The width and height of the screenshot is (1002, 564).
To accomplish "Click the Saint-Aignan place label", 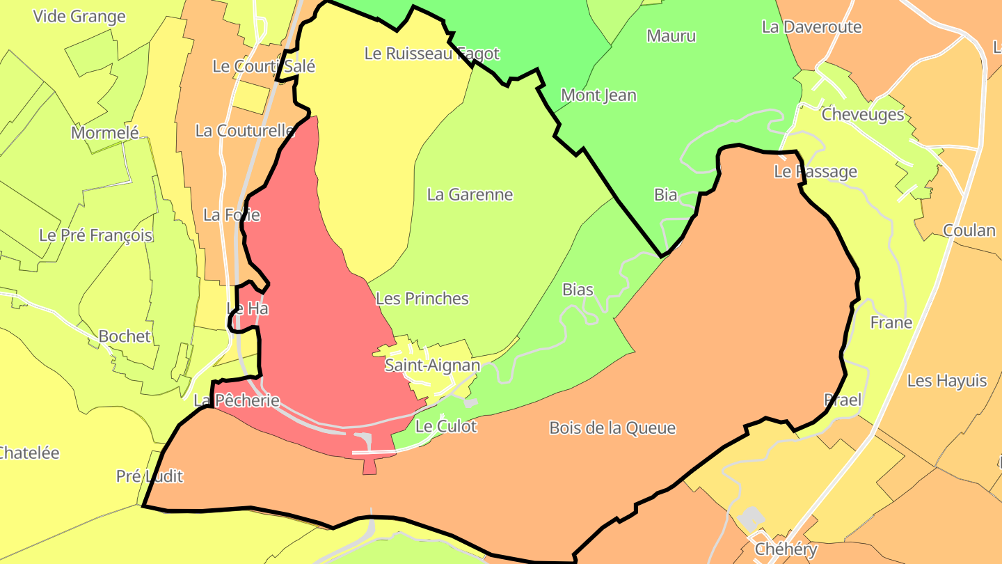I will click(x=432, y=365).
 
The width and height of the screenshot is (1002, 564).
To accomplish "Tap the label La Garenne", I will click(x=470, y=194).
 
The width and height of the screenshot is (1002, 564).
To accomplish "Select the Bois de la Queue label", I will click(x=612, y=428).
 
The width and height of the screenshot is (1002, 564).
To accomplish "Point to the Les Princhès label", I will click(x=422, y=299).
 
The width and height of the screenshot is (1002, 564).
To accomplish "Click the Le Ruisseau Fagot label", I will click(x=431, y=54).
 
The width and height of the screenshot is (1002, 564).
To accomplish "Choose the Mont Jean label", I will click(x=598, y=95).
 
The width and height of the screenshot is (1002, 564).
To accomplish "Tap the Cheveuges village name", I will click(x=863, y=114).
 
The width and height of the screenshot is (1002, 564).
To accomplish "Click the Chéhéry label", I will click(x=786, y=549).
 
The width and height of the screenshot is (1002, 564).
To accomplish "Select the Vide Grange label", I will click(x=79, y=16).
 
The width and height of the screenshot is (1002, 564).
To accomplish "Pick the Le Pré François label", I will click(x=95, y=235).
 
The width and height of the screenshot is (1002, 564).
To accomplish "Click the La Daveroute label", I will click(x=811, y=27).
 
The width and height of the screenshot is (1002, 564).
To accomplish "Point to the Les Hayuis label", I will click(x=947, y=381).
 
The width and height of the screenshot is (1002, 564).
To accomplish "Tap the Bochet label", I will click(x=125, y=336).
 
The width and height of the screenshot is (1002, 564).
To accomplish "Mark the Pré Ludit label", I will click(x=150, y=476).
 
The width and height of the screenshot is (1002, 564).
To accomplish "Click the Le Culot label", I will click(x=446, y=426).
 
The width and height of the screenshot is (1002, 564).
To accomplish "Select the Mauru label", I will click(x=671, y=36).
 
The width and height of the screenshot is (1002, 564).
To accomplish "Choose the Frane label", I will click(x=891, y=322).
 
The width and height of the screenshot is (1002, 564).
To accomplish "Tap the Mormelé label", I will click(x=105, y=132).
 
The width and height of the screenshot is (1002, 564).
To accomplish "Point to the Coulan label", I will click(x=969, y=230).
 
